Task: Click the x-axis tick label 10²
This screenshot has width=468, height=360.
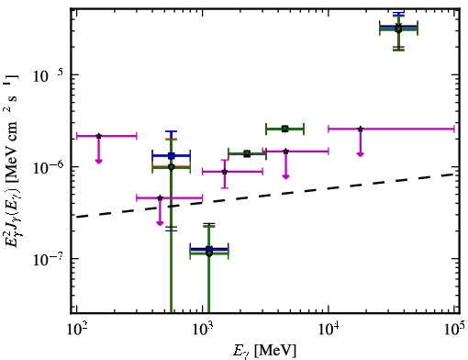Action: click(76, 330)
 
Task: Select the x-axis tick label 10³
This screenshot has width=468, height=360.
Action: click(202, 330)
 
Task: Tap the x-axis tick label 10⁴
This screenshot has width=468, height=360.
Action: click(329, 330)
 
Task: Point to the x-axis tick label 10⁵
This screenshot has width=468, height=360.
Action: click(454, 330)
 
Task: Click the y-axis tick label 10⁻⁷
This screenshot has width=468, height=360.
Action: click(48, 259)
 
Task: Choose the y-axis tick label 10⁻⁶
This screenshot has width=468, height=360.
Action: click(48, 167)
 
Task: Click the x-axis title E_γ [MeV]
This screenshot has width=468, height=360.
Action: click(264, 351)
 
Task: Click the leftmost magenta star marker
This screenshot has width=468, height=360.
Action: click(98, 136)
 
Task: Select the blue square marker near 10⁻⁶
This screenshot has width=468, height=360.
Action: click(172, 156)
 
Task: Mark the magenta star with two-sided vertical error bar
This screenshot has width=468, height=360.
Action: click(225, 172)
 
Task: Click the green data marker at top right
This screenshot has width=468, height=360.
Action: click(398, 29)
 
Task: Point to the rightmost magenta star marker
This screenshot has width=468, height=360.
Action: click(361, 129)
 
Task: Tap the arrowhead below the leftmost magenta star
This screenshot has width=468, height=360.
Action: click(98, 161)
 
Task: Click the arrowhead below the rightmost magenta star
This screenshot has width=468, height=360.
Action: click(361, 154)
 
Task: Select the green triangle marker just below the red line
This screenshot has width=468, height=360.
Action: click(285, 129)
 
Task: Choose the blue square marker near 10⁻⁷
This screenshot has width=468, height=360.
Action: click(209, 249)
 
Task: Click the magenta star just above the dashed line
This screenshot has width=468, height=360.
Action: click(160, 197)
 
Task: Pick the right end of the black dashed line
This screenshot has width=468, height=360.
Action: click(454, 174)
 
